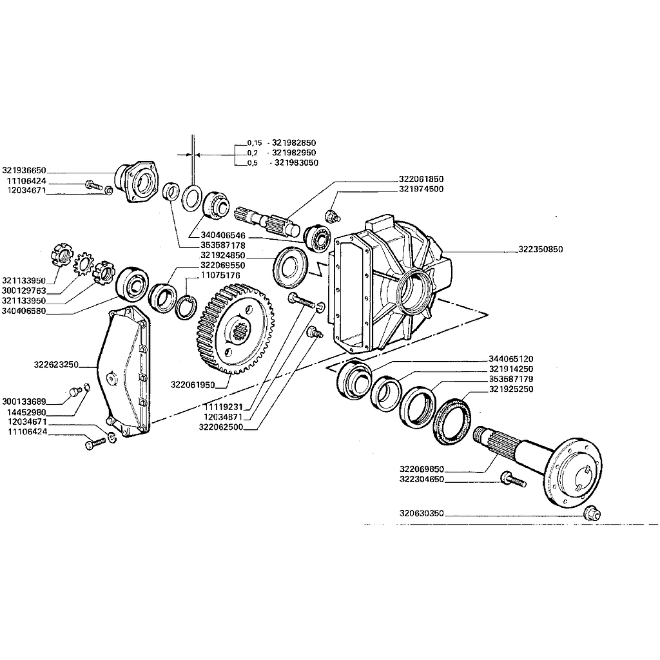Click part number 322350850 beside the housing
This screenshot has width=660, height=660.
pos(541,249)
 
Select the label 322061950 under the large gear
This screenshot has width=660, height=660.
pos(193,385)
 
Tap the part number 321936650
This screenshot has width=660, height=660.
pos(24,170)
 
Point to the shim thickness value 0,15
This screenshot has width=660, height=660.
pos(254,143)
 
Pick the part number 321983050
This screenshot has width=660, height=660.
pos(296,163)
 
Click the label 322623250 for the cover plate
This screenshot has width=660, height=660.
pos(57,365)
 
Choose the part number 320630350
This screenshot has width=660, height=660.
pos(422,514)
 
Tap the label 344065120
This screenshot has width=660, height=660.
pos(511,359)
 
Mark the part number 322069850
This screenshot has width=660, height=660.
pos(422,469)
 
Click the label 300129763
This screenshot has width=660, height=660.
pos(24,291)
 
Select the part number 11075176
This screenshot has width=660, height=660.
pos(220,275)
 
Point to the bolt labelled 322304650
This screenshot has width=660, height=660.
pos(514,480)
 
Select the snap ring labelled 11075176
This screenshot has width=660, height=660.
pos(186,307)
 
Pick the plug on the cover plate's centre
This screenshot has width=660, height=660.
pos(112,376)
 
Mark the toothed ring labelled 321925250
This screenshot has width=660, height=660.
pos(452,421)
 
